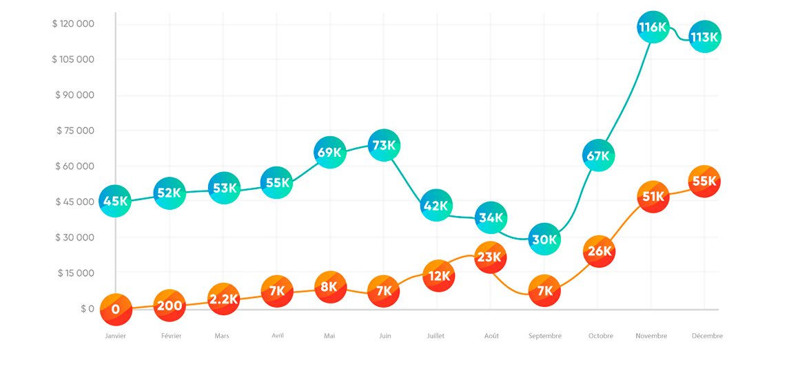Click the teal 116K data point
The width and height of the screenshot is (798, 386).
click(653, 28)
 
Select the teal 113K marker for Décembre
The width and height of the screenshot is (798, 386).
click(704, 37)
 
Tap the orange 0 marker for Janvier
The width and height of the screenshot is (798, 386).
click(116, 310)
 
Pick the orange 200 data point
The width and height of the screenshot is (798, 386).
click(169, 306)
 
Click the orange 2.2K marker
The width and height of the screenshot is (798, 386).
click(223, 299)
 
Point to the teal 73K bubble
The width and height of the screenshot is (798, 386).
click(384, 145)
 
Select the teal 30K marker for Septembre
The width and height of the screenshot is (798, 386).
click(544, 239)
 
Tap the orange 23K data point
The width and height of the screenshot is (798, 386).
click(491, 257)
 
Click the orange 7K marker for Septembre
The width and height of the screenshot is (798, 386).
click(544, 291)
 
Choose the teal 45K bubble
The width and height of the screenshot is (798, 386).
click(115, 201)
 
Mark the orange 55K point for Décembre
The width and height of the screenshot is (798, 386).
click(704, 182)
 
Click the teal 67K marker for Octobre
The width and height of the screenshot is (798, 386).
click(598, 156)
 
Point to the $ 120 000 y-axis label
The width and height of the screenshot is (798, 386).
click(73, 24)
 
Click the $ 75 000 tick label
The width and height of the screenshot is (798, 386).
click(75, 131)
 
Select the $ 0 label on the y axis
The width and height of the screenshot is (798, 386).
click(87, 309)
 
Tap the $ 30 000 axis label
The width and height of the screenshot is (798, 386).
click(75, 237)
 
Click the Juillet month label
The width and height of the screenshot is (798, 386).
click(436, 336)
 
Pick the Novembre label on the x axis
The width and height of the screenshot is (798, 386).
click(651, 336)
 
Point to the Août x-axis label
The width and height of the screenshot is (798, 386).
click(491, 336)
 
